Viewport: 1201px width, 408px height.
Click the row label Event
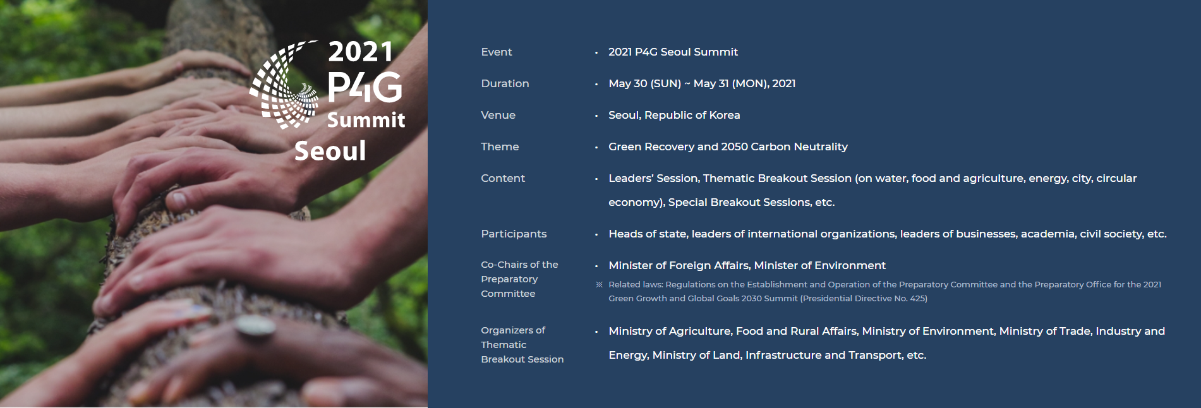(x=496, y=52)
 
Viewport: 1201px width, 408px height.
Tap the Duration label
(x=505, y=83)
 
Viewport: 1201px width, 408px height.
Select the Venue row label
(x=498, y=115)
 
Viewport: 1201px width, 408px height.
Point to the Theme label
(x=500, y=147)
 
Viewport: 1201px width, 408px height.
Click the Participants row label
(x=514, y=234)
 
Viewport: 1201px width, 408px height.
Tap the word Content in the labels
(x=503, y=178)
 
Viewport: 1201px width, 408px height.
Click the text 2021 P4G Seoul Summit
(x=673, y=52)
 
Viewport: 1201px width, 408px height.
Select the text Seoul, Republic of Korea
(x=674, y=115)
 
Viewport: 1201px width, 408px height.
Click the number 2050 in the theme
(x=734, y=147)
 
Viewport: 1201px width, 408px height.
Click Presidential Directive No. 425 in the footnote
(x=864, y=298)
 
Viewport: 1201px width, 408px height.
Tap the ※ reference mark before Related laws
(x=600, y=285)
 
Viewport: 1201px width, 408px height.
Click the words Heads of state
(x=648, y=234)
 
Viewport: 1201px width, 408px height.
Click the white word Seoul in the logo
(x=330, y=151)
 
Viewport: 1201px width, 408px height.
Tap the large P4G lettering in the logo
(x=365, y=87)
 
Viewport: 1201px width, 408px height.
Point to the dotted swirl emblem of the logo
(x=284, y=85)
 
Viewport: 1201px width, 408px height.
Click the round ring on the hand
(x=255, y=327)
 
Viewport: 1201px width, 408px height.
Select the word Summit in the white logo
(x=366, y=119)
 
